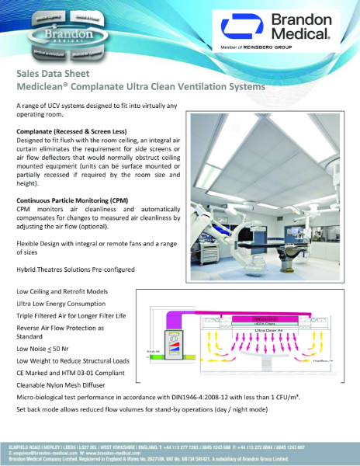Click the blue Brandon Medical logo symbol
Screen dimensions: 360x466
tap(236, 29)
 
